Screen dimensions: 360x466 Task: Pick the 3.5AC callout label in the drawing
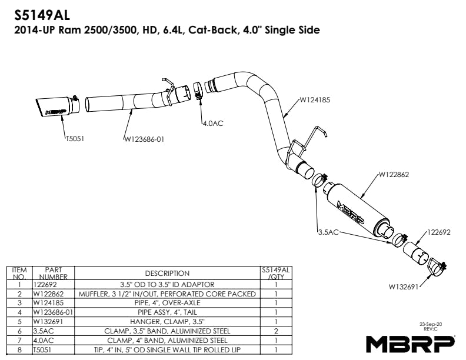[328, 232]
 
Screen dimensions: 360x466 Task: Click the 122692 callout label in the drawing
[439, 232]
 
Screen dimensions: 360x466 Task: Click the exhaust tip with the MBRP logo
[56, 108]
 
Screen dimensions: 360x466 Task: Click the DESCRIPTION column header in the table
[168, 273]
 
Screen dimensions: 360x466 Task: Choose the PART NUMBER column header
[53, 273]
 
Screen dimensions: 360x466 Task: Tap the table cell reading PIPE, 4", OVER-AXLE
[168, 303]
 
